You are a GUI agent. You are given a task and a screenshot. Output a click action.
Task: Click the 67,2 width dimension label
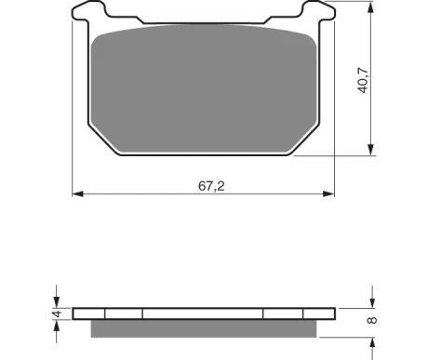tap(211, 186)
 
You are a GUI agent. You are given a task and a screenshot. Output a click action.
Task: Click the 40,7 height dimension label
tap(363, 80)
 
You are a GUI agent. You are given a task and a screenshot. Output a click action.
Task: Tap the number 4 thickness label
tap(57, 313)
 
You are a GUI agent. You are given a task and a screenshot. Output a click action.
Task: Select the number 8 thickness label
tap(372, 320)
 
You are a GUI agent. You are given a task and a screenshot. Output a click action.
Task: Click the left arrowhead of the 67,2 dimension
tap(78, 193)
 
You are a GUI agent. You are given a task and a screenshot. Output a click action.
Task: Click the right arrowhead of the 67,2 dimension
tap(328, 193)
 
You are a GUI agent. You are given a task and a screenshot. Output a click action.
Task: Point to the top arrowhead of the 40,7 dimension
tap(370, 7)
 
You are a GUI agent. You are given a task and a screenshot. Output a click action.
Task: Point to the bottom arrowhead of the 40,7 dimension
tap(370, 150)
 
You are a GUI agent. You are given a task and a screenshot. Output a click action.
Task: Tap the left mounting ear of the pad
tap(88, 11)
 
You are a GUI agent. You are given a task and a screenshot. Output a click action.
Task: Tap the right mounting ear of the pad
tap(318, 11)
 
